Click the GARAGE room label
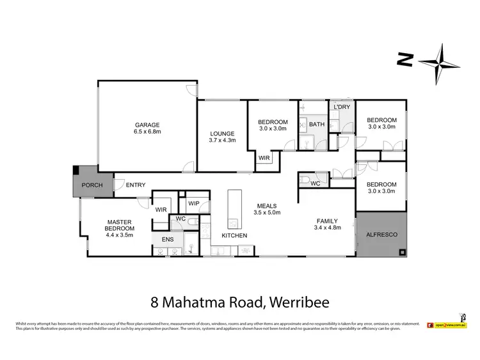pos(147,124)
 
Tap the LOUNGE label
pos(222,132)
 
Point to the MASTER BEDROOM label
pos(120,224)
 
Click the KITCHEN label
pos(234,236)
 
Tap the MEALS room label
pos(268,205)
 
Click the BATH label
pos(317,124)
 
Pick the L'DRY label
pos(342,107)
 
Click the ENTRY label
pos(135,185)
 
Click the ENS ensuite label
pos(166,239)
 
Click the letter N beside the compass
pos(403,60)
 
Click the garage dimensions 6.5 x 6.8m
pos(147,132)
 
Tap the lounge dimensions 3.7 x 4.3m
pos(222,140)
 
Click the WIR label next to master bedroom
pos(160,208)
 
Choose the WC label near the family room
pos(315,184)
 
